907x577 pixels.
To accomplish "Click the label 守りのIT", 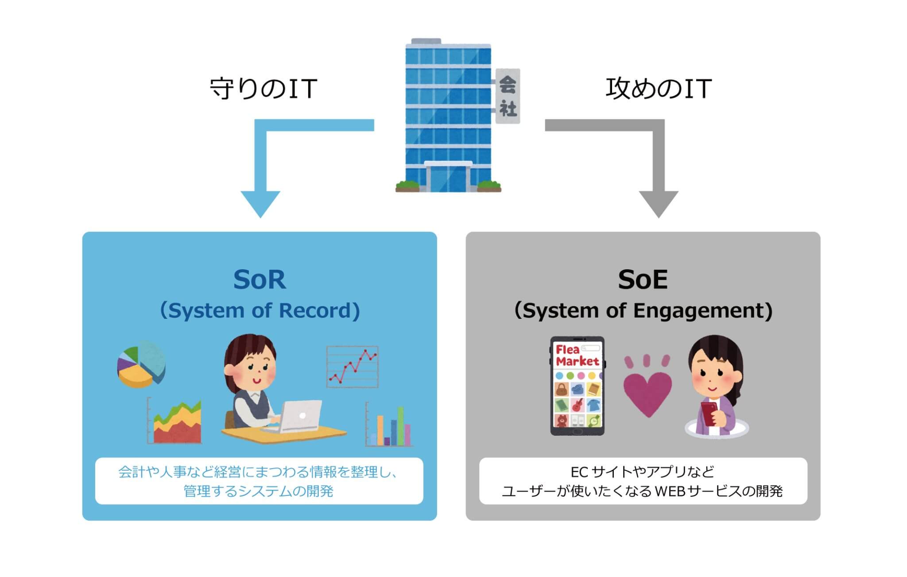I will (x=263, y=89).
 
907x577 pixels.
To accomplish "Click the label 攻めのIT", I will (x=659, y=89).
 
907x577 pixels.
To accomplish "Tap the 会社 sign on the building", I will (x=508, y=96).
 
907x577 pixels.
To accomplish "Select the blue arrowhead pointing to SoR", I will (x=260, y=203).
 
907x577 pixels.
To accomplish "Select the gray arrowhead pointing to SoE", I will (x=659, y=203).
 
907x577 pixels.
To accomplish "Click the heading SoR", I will (x=260, y=280).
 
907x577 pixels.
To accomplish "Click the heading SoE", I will (x=643, y=280).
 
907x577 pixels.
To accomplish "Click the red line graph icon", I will (x=353, y=367).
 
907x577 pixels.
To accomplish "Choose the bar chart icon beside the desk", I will (x=390, y=425).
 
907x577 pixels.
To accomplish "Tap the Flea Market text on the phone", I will (x=577, y=356).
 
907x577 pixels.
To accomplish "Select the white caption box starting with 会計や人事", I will (x=259, y=481).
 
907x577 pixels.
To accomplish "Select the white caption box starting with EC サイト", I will (x=643, y=481).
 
